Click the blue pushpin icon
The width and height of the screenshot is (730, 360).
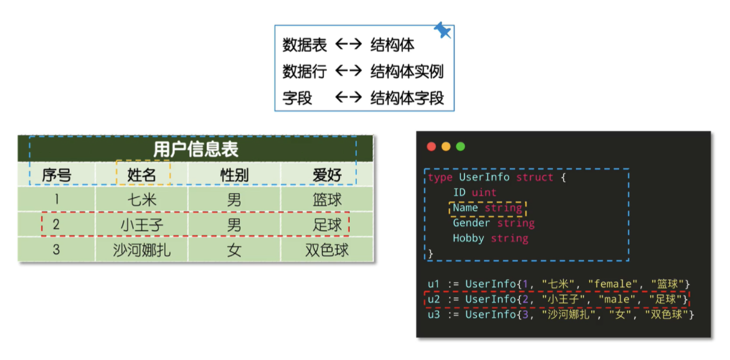tap(443, 30)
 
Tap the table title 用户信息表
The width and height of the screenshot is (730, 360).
tap(196, 149)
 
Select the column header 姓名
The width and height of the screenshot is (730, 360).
tap(142, 174)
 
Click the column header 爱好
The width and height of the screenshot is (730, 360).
tap(327, 174)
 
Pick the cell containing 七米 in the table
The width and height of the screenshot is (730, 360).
tap(142, 200)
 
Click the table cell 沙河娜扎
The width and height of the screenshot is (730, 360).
tap(142, 250)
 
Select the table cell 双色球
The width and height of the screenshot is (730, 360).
tap(327, 250)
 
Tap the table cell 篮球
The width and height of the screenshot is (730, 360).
tap(327, 200)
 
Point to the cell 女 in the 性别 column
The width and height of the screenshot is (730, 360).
tap(234, 250)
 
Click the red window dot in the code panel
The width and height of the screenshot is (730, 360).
tap(431, 147)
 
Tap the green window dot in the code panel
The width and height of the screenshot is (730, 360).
tap(461, 147)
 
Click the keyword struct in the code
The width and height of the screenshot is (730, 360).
tap(534, 178)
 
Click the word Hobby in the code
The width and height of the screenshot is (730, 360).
tap(468, 238)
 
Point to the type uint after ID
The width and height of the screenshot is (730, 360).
tap(484, 192)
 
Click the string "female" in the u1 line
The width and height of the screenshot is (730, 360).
tap(612, 284)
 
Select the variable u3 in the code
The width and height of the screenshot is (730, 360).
tap(434, 315)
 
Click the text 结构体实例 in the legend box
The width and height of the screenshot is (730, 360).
tap(407, 71)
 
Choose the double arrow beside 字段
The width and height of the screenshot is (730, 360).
tap(348, 98)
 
